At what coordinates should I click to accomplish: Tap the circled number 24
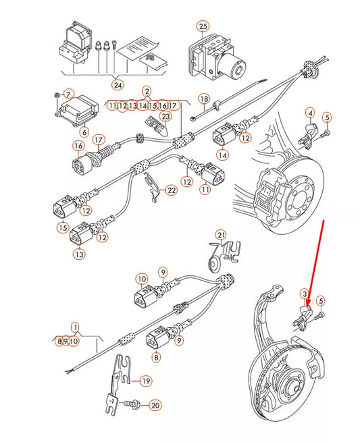point(118,85)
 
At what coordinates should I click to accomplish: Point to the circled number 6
point(84,132)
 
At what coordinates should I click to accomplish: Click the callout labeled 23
point(166,117)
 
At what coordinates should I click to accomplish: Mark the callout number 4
point(310,113)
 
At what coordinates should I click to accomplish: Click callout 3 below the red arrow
point(305,294)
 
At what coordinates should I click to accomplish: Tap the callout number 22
point(172,191)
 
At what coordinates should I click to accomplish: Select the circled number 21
point(221,235)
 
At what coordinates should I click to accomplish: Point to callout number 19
point(145,381)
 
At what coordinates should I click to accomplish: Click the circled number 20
point(155,406)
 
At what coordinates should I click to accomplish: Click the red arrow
point(317,263)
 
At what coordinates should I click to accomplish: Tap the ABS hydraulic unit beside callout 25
point(220,57)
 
